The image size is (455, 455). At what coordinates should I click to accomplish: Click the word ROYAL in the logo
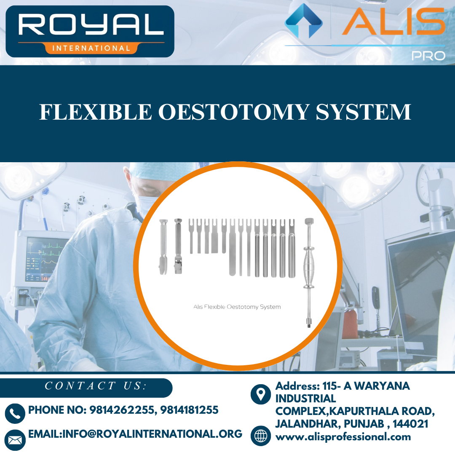(91, 26)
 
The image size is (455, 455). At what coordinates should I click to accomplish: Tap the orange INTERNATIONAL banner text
(91, 48)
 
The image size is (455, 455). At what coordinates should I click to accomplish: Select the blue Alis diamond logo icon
(303, 21)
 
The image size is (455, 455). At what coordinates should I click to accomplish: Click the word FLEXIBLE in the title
(95, 112)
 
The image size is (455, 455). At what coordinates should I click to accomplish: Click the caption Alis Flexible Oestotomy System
(237, 307)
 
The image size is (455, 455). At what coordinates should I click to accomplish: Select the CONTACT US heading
(96, 386)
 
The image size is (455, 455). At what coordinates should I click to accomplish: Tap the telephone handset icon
(15, 413)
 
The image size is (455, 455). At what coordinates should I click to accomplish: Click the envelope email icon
(15, 440)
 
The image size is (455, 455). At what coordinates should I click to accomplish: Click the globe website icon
(261, 436)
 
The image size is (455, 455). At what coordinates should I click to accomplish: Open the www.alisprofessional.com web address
(343, 437)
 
